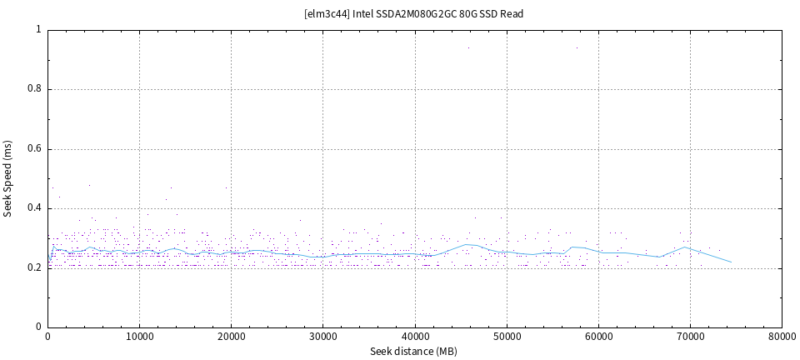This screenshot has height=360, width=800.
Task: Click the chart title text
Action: click(x=414, y=13)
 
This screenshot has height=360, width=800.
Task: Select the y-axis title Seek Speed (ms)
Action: click(x=7, y=178)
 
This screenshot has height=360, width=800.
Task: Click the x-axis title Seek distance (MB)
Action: click(x=414, y=352)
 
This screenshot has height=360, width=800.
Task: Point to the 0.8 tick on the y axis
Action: click(x=36, y=89)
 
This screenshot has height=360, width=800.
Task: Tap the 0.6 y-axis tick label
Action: click(x=36, y=149)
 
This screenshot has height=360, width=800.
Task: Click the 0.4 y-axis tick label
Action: click(x=36, y=209)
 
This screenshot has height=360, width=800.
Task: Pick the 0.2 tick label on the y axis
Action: click(x=36, y=267)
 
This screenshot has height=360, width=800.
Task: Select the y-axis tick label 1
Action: click(x=39, y=29)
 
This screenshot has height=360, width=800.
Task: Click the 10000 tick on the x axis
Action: click(x=139, y=337)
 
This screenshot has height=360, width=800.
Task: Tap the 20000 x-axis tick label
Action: click(x=231, y=337)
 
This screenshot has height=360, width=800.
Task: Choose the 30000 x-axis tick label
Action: click(x=322, y=337)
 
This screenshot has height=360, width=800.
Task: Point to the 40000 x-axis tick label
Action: click(x=414, y=337)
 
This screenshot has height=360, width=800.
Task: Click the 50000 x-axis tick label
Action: click(x=506, y=337)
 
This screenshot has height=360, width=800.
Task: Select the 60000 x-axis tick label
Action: click(x=597, y=337)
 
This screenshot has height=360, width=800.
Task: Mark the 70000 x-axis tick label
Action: click(x=689, y=337)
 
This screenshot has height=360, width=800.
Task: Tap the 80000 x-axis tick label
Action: click(x=781, y=337)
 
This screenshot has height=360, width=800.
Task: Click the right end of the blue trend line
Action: click(x=732, y=262)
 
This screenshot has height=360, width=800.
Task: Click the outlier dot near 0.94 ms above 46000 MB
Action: click(x=468, y=47)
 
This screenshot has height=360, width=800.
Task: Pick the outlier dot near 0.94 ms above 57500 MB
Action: click(x=576, y=47)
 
